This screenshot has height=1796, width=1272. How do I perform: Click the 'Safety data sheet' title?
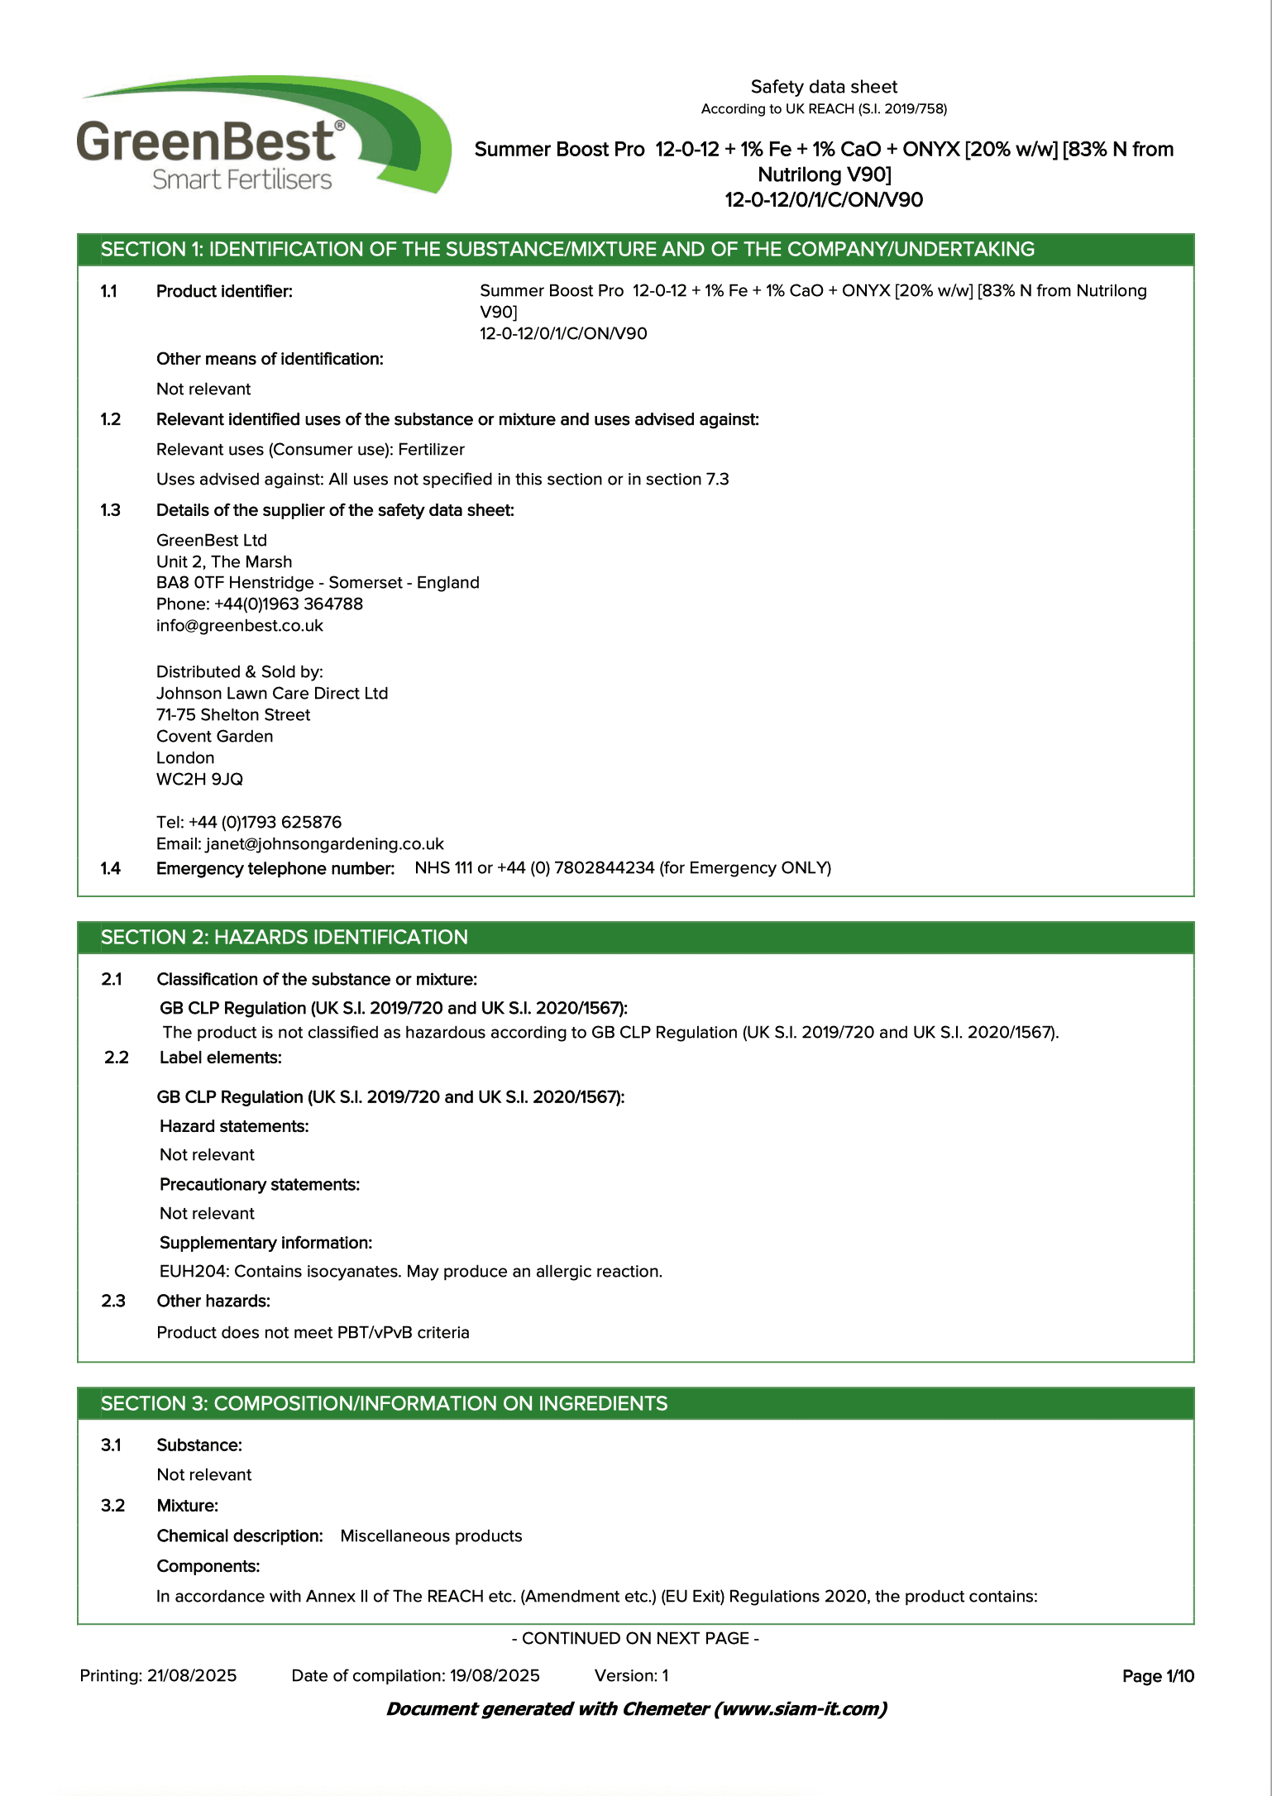coord(823,87)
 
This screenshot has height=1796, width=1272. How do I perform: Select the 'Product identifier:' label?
coord(224,291)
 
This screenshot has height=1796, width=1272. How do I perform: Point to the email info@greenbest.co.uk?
coord(239,626)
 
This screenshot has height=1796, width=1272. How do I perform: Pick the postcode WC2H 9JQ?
coord(199,780)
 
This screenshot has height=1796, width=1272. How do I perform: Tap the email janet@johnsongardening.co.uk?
coord(324,844)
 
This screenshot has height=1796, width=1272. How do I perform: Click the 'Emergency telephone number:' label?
coord(275,868)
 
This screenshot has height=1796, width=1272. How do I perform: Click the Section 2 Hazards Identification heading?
coord(284,937)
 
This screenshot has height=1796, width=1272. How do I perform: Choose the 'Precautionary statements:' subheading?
coord(259,1185)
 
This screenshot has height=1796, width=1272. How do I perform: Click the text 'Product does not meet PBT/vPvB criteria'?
coord(313,1333)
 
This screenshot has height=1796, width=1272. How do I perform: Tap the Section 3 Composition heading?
coord(384,1403)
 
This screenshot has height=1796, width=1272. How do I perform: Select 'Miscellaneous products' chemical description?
coord(431,1536)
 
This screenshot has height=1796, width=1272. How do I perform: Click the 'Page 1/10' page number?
coord(1157,1676)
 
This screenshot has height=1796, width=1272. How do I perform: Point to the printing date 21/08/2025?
coord(192,1676)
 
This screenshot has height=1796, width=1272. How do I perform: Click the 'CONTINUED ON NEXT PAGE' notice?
coord(635,1639)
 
